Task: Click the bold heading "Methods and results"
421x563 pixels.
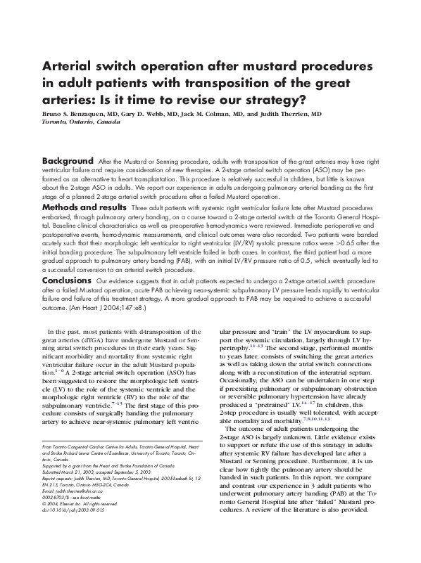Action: click(85, 208)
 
